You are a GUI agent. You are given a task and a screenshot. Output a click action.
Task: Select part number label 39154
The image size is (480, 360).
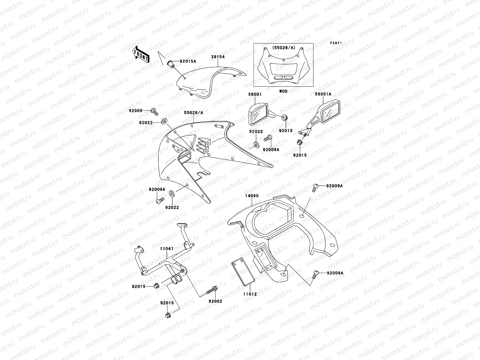[218, 57]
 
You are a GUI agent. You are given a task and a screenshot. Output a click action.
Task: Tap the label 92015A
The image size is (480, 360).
[188, 61]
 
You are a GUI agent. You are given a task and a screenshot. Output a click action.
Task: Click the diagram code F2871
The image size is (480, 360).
[336, 43]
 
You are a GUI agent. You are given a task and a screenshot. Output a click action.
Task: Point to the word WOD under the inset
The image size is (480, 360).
[283, 91]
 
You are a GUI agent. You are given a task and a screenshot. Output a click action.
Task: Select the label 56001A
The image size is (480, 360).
[323, 94]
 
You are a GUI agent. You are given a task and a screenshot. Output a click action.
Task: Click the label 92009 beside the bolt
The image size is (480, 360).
[136, 110]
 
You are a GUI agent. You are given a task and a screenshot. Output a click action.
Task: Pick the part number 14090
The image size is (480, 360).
[252, 196]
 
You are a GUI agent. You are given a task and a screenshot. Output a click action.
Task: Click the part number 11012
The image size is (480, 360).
[250, 294]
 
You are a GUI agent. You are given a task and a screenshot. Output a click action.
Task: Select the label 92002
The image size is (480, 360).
[215, 301]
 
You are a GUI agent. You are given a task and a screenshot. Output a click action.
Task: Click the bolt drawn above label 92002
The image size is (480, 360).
[212, 290]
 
